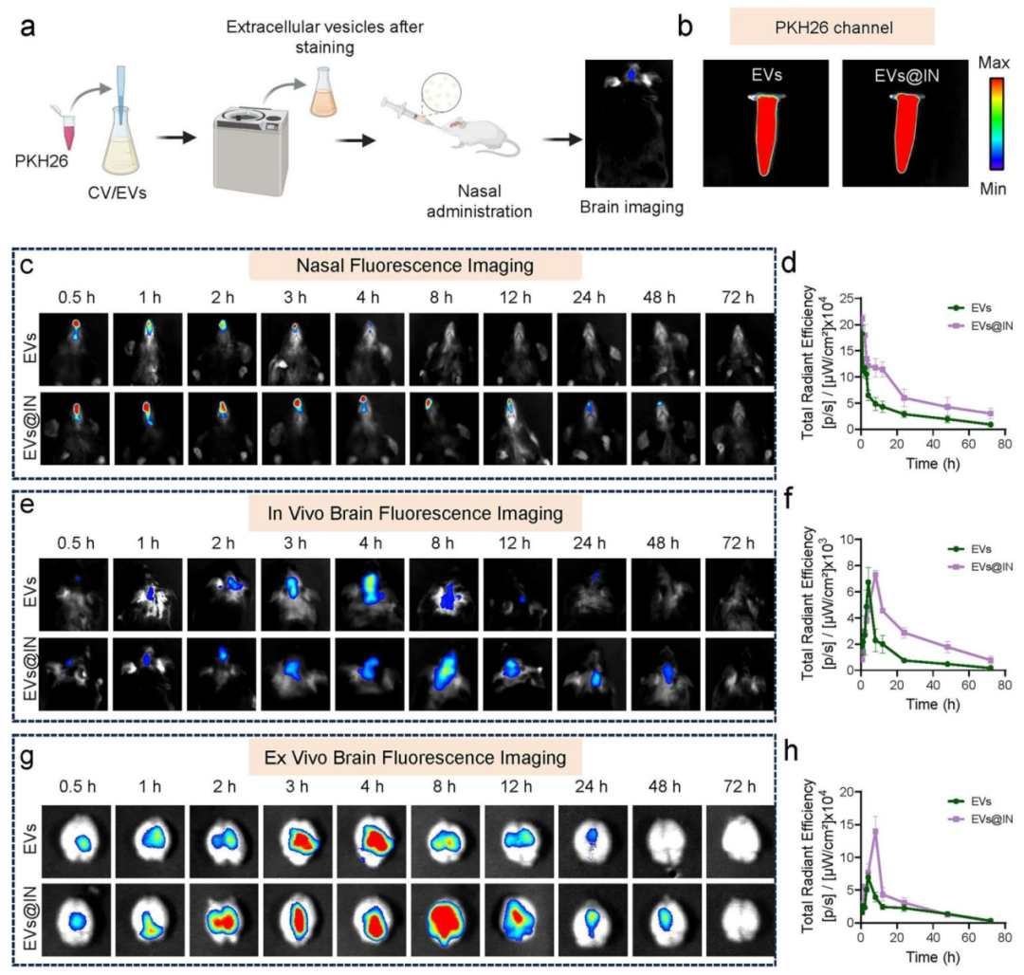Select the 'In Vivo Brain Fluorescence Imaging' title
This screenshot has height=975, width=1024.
coord(414,513)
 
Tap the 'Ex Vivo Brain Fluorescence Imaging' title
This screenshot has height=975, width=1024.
coord(414,757)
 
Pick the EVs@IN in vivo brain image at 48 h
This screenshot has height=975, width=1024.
coord(667,674)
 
